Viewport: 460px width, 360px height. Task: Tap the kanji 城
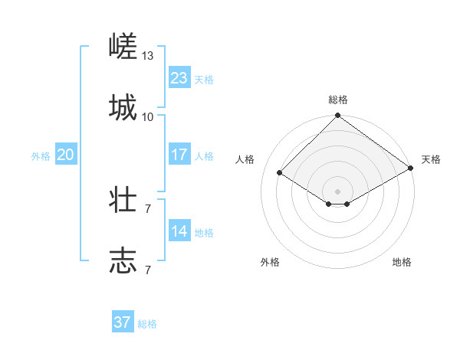[x=123, y=108]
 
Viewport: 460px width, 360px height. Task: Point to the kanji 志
[x=123, y=261]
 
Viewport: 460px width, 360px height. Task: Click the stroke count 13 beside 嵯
[x=148, y=56]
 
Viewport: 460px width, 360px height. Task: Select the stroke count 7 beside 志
[x=148, y=270]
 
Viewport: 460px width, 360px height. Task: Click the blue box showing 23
[x=179, y=78]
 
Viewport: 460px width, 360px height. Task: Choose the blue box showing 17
[x=179, y=155]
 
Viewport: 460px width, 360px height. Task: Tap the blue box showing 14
[x=179, y=231]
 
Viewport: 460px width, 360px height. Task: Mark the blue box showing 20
[x=66, y=155]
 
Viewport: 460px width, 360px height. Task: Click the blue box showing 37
[x=123, y=322]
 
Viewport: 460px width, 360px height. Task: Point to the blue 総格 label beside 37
[x=147, y=324]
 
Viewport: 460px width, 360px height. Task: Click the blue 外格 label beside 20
[x=41, y=156]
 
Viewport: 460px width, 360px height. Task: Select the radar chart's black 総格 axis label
[x=338, y=100]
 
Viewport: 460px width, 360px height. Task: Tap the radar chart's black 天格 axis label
[x=432, y=159]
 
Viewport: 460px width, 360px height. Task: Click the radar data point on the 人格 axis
[x=280, y=173]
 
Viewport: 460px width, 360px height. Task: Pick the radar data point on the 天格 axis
[x=411, y=169]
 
